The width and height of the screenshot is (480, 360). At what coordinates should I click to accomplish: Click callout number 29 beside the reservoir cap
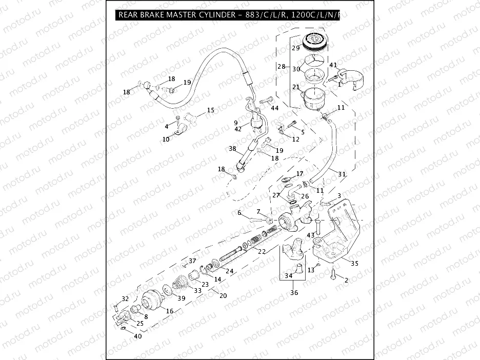coord(295,48)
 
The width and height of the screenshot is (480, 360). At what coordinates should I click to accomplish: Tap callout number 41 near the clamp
coord(333,65)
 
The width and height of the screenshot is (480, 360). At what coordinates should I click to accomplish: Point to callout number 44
coord(275,108)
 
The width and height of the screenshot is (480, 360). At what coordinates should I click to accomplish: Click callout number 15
coord(210,110)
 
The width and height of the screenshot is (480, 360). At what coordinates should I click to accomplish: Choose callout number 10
coord(166,139)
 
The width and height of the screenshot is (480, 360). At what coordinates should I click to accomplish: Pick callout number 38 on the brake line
coord(232,149)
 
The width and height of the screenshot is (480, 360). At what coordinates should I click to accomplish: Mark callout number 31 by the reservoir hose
coord(342,174)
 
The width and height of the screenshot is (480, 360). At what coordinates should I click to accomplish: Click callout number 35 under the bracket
coord(354,264)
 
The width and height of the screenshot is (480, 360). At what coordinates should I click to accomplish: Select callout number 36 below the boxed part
coord(294,293)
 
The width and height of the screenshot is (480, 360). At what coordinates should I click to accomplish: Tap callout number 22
coord(262,252)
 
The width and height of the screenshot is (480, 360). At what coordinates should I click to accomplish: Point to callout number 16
coord(170,311)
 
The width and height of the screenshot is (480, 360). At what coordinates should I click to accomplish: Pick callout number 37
coord(192,261)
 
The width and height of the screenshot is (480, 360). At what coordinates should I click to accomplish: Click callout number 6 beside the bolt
coord(239,213)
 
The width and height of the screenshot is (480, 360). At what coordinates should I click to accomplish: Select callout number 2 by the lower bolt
coord(346,280)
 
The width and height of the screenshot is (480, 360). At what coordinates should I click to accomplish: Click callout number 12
coord(296,139)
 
